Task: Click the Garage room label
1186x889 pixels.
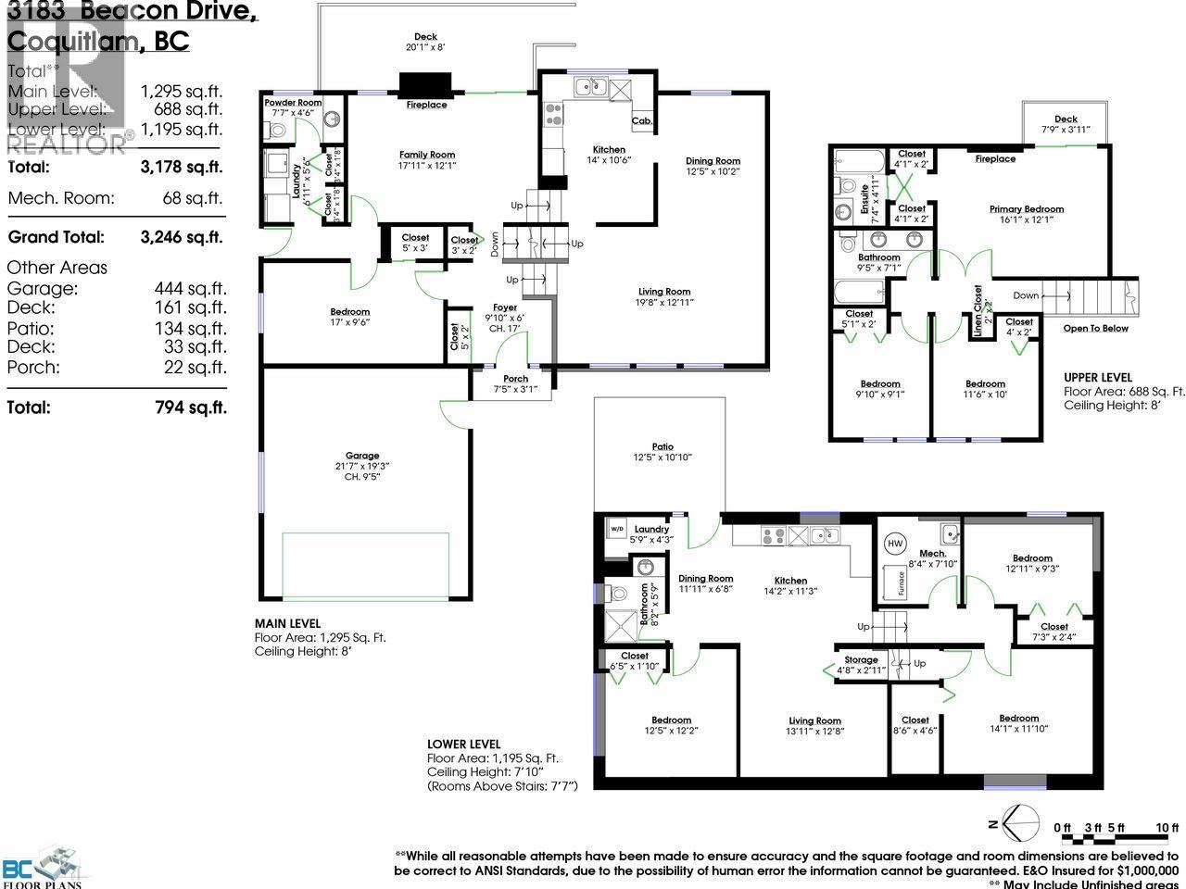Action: point(362,456)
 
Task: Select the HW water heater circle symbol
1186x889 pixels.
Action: point(895,544)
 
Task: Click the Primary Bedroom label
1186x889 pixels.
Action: point(1026,209)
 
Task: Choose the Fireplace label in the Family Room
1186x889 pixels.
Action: point(426,106)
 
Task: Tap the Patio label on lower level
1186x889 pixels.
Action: point(662,446)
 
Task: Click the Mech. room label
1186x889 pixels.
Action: point(933,553)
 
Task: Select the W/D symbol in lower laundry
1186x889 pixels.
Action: point(617,531)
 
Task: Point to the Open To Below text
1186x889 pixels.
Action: point(1096,329)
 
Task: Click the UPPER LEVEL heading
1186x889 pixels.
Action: point(1098,378)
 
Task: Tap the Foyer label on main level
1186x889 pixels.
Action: point(505,307)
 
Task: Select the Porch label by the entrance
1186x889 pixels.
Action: point(515,379)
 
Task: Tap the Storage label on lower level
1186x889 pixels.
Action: point(861,660)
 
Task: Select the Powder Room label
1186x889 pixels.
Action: point(293,103)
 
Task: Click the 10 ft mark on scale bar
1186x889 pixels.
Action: point(1167,828)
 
